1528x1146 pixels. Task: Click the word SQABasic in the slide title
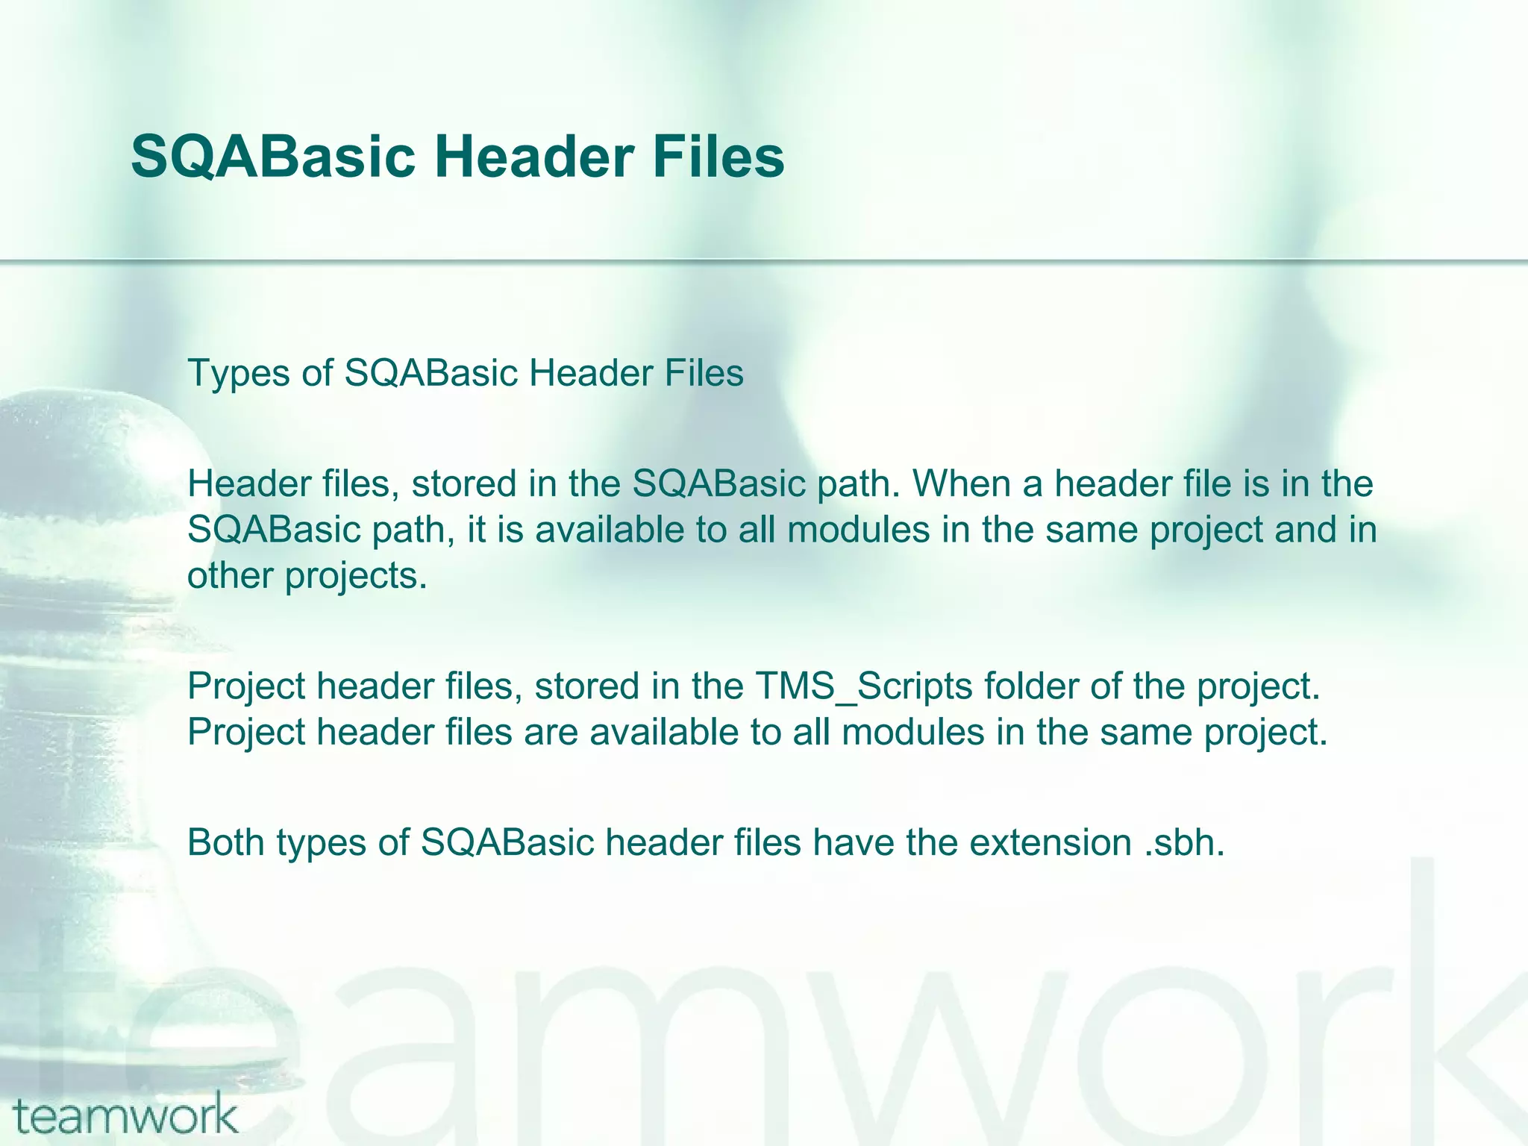pyautogui.click(x=272, y=157)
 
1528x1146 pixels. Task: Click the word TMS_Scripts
pyautogui.click(x=863, y=686)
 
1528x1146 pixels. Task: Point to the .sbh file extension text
pyautogui.click(x=1184, y=842)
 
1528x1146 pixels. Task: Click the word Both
pyautogui.click(x=225, y=842)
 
